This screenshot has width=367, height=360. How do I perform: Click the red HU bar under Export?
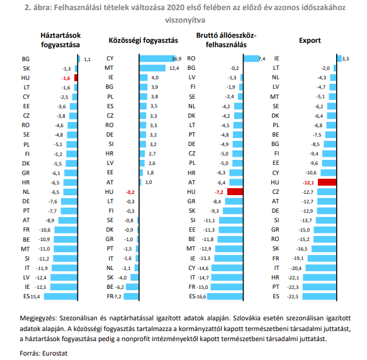[x=327, y=183]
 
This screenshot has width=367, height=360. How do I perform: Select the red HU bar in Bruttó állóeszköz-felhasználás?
[x=235, y=192]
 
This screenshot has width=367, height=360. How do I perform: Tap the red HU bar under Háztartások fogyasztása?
[x=76, y=77]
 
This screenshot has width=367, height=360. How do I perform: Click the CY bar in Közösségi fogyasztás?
[x=157, y=59]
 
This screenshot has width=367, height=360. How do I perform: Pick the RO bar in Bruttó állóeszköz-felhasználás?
[x=251, y=59]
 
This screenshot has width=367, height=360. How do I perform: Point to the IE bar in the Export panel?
[x=339, y=59]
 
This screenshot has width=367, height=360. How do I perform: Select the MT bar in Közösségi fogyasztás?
[x=152, y=68]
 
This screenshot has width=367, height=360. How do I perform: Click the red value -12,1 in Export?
[x=308, y=183]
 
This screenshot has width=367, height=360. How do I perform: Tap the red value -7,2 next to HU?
[x=219, y=192]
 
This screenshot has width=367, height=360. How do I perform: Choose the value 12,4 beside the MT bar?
[x=174, y=69]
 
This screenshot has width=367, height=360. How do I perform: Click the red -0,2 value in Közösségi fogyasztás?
[x=130, y=192]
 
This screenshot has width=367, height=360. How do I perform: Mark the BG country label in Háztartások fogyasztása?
[x=26, y=59]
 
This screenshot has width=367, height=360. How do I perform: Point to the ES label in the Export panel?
[x=276, y=296]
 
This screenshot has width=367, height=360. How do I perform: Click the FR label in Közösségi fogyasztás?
[x=110, y=296]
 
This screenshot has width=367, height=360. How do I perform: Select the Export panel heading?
[x=310, y=40]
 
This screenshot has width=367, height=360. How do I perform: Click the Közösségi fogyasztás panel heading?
[x=144, y=40]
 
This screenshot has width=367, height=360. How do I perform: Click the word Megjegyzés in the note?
[x=38, y=318]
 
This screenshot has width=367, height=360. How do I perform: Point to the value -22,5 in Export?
[x=293, y=296]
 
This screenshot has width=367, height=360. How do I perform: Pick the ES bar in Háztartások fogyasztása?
[x=60, y=296]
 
